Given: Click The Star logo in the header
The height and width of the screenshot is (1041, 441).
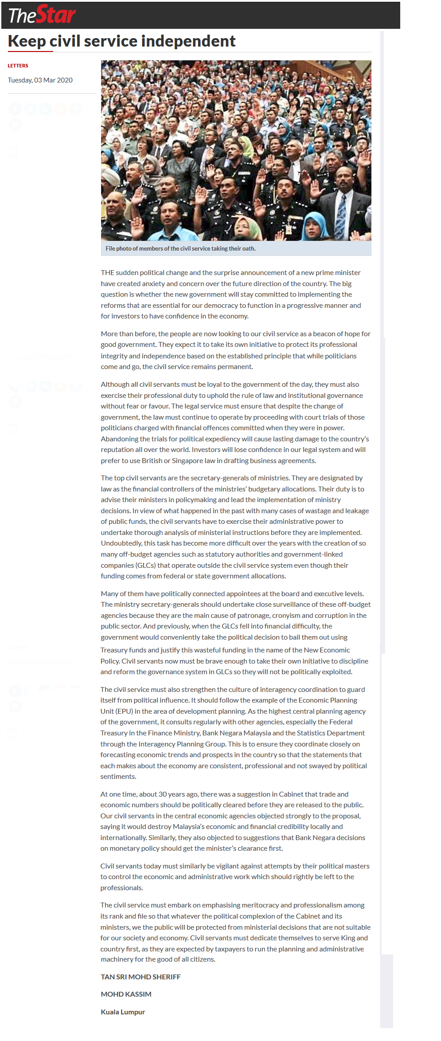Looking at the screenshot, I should click(42, 15).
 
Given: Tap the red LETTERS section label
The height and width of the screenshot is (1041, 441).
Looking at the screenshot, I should click(18, 66).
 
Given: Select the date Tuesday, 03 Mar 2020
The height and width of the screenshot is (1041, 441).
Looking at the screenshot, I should click(40, 80).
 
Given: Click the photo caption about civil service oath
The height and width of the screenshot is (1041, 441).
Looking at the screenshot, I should click(180, 249).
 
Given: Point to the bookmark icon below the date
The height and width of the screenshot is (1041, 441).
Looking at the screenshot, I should click(13, 153).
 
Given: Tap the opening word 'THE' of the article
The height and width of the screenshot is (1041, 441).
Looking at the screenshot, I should click(107, 273).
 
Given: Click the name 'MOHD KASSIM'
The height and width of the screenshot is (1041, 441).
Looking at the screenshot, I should click(126, 994).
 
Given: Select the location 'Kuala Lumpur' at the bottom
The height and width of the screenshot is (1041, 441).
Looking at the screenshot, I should click(123, 1012).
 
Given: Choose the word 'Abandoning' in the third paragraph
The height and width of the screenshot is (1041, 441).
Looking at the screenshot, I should click(119, 439).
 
